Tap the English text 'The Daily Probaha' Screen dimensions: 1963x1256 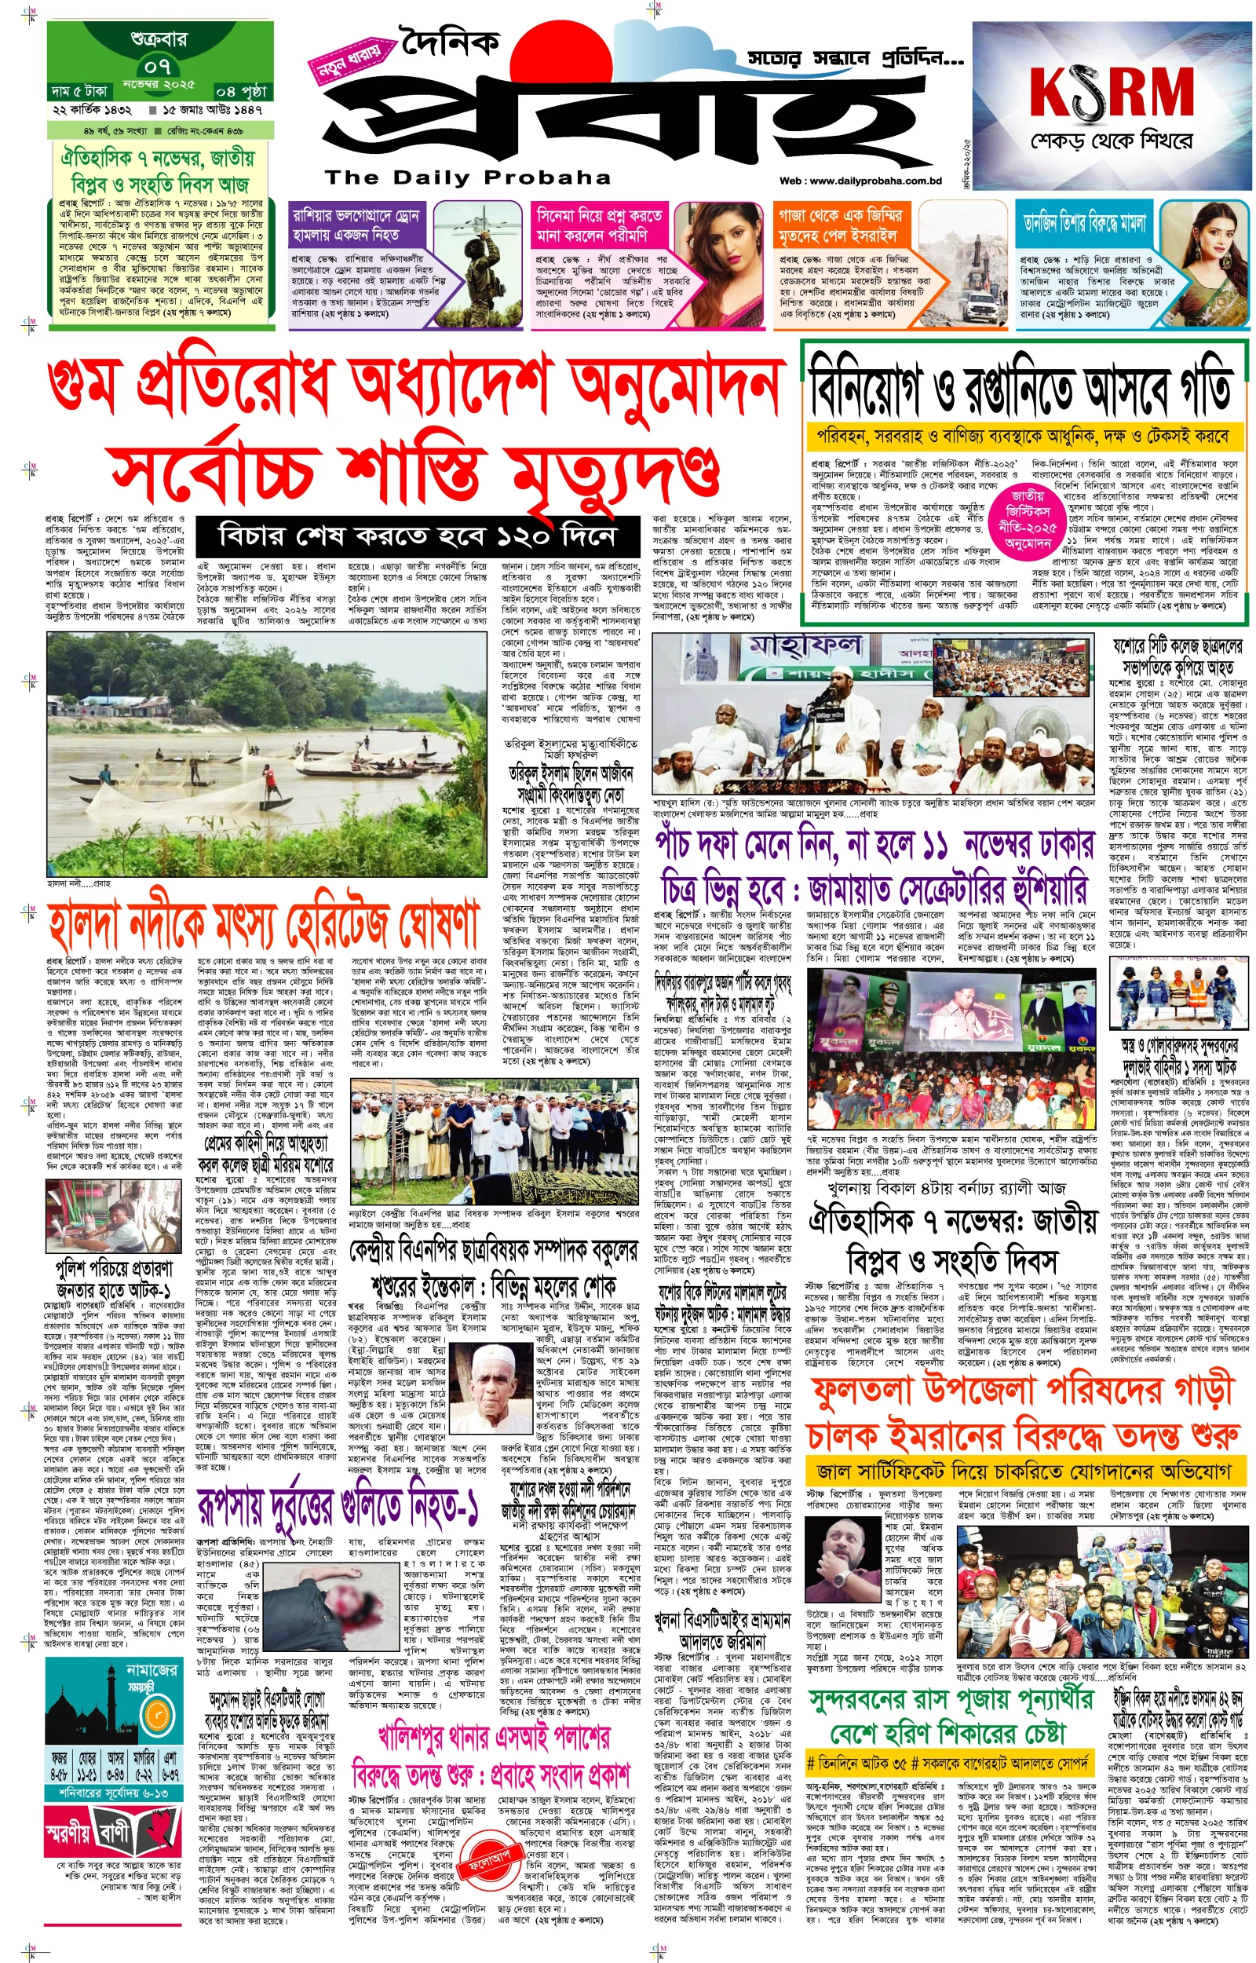467,177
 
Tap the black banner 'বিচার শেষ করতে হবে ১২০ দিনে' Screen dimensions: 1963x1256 417,535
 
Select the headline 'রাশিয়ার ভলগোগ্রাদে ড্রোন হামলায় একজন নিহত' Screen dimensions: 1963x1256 356,225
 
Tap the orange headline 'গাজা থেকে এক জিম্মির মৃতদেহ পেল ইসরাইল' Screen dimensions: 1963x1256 838,225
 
